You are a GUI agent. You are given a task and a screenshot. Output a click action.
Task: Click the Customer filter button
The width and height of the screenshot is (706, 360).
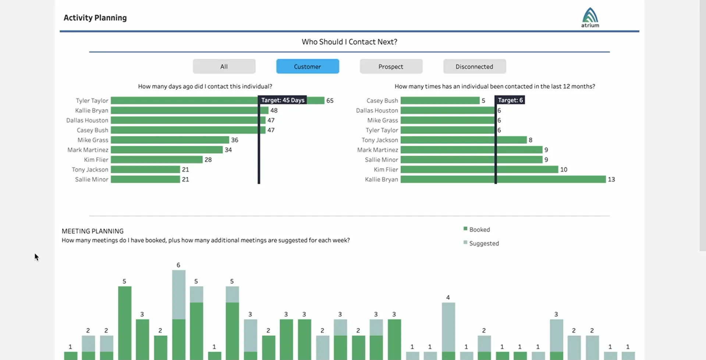pos(308,67)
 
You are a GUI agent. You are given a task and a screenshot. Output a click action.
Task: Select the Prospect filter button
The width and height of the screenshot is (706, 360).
pos(391,67)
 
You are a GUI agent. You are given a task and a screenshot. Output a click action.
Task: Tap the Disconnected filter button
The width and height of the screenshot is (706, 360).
pos(474,67)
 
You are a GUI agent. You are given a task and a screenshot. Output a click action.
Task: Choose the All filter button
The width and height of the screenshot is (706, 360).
pos(224,67)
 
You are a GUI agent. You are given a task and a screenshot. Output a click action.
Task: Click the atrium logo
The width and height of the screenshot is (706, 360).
pos(590,17)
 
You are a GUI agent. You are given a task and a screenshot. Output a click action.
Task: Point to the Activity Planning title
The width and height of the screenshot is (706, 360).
pos(95,18)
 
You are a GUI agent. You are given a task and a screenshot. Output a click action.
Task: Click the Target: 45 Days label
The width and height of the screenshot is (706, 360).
pos(283,100)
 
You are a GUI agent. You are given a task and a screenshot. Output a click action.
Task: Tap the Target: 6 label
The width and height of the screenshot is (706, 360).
pos(510,100)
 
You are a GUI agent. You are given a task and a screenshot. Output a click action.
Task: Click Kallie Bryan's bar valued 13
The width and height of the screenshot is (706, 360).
pos(503,179)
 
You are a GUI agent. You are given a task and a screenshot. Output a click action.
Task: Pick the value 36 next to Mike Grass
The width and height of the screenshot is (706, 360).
pos(235,140)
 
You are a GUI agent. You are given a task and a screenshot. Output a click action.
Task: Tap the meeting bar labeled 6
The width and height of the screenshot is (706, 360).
pos(179,313)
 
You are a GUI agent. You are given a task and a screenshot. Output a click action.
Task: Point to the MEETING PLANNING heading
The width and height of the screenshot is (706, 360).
pos(93,231)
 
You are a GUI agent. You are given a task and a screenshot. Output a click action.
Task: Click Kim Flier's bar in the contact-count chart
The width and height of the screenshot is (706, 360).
pos(479,170)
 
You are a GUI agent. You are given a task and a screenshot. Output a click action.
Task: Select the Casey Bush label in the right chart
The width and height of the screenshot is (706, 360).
pos(382,100)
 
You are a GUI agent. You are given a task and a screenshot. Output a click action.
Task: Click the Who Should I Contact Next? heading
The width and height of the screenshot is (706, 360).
pos(349,42)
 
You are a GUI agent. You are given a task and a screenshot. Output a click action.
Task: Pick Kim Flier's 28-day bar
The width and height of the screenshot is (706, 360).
pos(156,160)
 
